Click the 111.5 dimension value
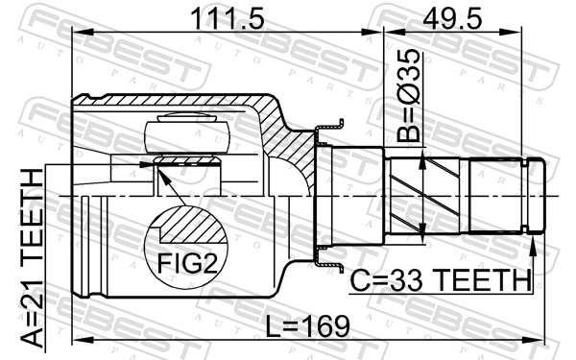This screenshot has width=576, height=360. [228, 19]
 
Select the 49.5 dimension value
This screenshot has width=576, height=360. [452, 19]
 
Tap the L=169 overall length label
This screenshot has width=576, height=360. [307, 326]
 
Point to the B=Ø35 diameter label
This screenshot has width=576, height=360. [408, 96]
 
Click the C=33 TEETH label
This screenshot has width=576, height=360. [441, 280]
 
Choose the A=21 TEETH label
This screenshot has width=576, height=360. [32, 258]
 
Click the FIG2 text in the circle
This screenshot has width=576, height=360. [188, 263]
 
